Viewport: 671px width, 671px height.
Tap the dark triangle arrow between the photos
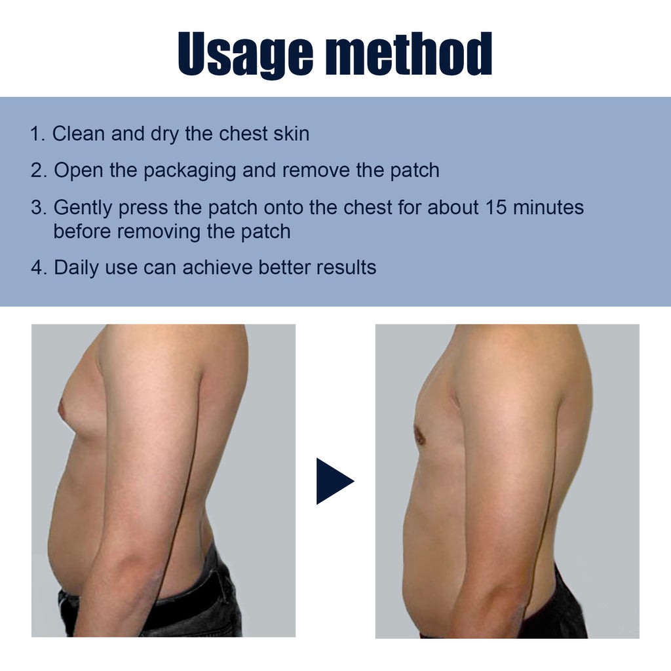[x=333, y=481]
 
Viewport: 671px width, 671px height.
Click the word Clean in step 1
[x=79, y=134]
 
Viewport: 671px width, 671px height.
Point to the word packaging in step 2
[x=190, y=171]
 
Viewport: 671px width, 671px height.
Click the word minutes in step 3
[x=548, y=208]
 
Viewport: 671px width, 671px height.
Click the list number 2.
[x=38, y=170]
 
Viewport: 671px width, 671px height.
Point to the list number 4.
[x=38, y=267]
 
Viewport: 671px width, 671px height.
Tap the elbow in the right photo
[x=505, y=577]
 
